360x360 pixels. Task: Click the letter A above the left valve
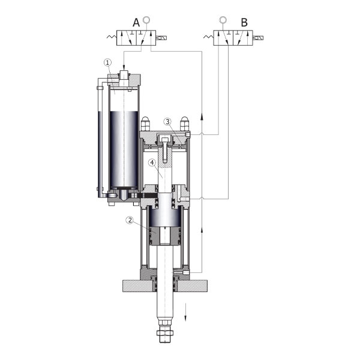click(x=136, y=23)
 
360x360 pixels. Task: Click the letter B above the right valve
click(x=244, y=23)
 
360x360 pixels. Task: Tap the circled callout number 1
click(x=107, y=62)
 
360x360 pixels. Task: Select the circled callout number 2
click(x=130, y=220)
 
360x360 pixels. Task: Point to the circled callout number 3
click(x=167, y=122)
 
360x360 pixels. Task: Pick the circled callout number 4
click(x=152, y=163)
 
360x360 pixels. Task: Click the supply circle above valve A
click(x=146, y=20)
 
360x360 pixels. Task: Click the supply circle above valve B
click(x=223, y=20)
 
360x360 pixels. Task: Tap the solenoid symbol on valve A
click(x=161, y=38)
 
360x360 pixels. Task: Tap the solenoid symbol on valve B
click(x=258, y=38)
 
